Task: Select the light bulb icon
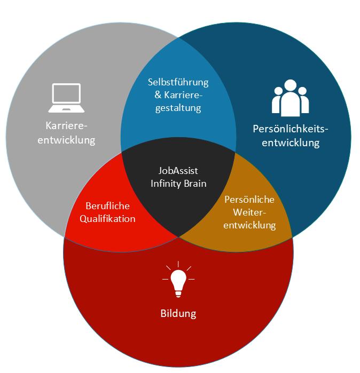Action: coord(178,280)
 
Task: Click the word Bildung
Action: coord(178,313)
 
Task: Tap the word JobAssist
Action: coord(178,171)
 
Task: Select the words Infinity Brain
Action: coord(178,184)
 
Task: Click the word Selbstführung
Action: coord(178,83)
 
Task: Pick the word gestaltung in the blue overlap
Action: coord(178,108)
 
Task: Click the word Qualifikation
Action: coord(107,219)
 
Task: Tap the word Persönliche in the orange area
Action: coord(249,200)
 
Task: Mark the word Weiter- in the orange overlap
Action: coord(249,212)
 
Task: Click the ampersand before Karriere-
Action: coord(151,96)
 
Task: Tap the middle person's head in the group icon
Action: coord(290,85)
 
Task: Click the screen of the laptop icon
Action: coord(66,94)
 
